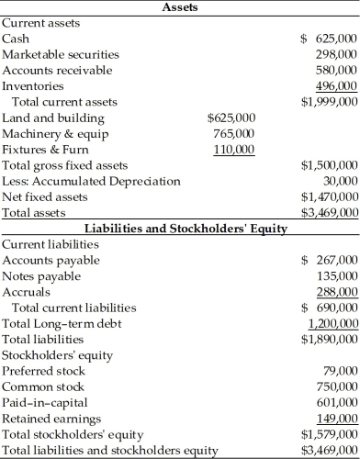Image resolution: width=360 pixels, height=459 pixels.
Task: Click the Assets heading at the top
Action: click(x=180, y=7)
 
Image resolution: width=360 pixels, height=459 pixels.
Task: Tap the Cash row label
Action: click(x=16, y=39)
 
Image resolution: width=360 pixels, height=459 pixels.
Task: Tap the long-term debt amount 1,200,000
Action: click(x=332, y=324)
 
